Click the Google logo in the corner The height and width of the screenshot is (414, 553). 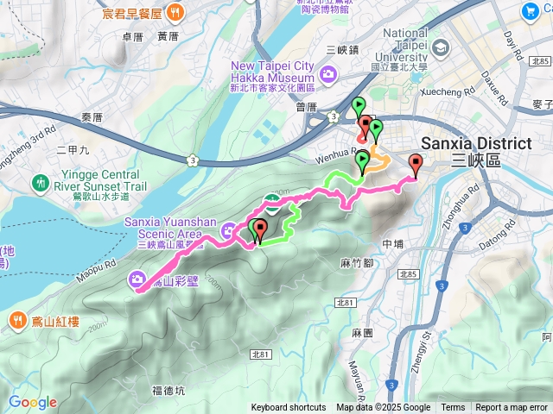[33, 402]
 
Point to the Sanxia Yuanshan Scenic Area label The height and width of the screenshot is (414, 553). [163, 227]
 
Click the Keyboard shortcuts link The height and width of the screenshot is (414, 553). [289, 408]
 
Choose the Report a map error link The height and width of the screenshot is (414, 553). [512, 408]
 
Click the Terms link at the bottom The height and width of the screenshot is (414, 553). [453, 408]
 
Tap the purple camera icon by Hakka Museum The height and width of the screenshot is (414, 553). [327, 75]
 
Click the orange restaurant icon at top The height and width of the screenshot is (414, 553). [175, 12]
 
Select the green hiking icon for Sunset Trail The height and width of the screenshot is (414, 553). [40, 183]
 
